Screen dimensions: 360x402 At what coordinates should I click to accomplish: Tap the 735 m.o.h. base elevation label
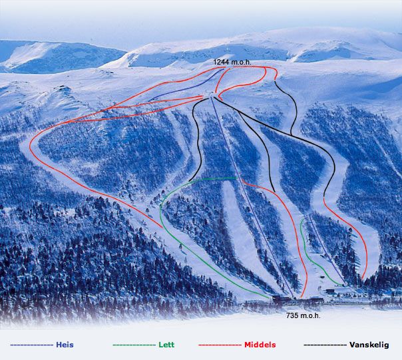303,315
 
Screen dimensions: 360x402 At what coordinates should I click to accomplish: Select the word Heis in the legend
65,345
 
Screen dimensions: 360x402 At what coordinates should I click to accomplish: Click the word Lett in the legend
166,345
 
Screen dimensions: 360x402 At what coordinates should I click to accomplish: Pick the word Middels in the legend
260,345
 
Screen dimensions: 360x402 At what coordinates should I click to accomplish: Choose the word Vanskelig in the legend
370,345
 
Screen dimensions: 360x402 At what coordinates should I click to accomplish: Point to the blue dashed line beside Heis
31,345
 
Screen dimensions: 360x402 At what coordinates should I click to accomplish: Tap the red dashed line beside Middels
219,345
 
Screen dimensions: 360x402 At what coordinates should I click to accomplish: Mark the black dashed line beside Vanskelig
325,345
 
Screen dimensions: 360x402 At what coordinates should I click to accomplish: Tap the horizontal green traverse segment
216,178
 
